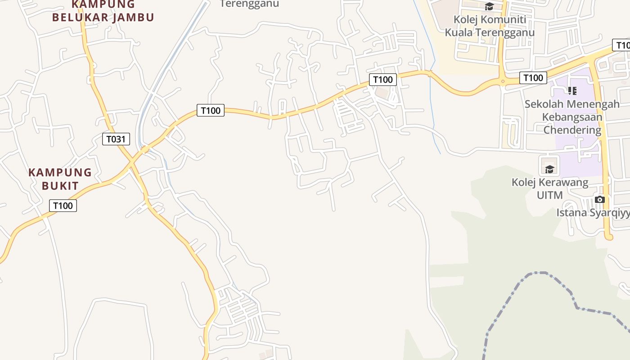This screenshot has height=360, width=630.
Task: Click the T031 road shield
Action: point(116,139)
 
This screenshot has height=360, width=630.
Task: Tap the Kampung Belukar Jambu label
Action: point(103,11)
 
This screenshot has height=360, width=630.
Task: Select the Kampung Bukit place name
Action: point(60,179)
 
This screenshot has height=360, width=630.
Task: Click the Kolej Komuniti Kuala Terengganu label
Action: point(490,26)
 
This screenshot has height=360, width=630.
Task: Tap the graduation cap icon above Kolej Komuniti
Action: point(489,6)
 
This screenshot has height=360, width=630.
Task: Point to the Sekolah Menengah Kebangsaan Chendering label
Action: point(572,117)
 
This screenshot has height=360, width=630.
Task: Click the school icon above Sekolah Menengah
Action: point(572,91)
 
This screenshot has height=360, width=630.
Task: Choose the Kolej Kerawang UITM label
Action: point(549,189)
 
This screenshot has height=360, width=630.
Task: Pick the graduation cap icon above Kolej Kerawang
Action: point(549,169)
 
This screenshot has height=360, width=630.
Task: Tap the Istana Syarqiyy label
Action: point(593,212)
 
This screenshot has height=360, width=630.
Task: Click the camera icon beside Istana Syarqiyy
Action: point(599,199)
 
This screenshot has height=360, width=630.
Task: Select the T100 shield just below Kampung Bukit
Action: point(63,206)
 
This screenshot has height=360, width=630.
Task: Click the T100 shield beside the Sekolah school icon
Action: point(533,78)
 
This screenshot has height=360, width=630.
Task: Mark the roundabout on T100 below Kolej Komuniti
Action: point(503,81)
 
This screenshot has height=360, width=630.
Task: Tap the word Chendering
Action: point(572,130)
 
